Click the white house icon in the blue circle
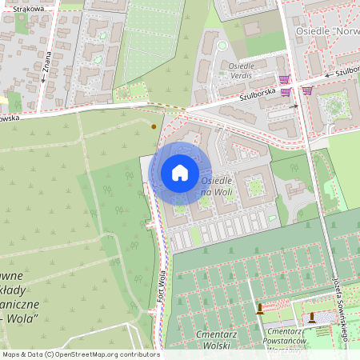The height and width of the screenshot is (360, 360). (180, 173)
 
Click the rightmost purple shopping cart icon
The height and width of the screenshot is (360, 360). (308, 90)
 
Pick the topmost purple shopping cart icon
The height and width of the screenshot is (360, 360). (284, 79)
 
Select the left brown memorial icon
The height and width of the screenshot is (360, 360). (260, 309)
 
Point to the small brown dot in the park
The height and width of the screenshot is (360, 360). (154, 126)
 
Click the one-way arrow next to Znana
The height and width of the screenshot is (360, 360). (42, 80)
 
